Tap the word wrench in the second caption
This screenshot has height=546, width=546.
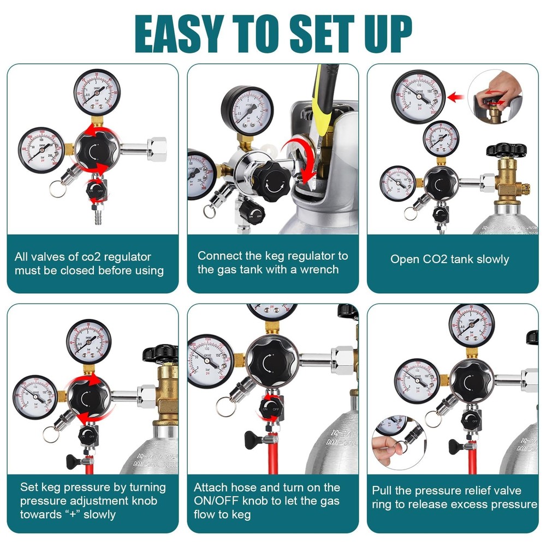320,269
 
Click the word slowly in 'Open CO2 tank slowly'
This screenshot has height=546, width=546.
489,259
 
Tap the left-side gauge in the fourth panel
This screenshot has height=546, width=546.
35,395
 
